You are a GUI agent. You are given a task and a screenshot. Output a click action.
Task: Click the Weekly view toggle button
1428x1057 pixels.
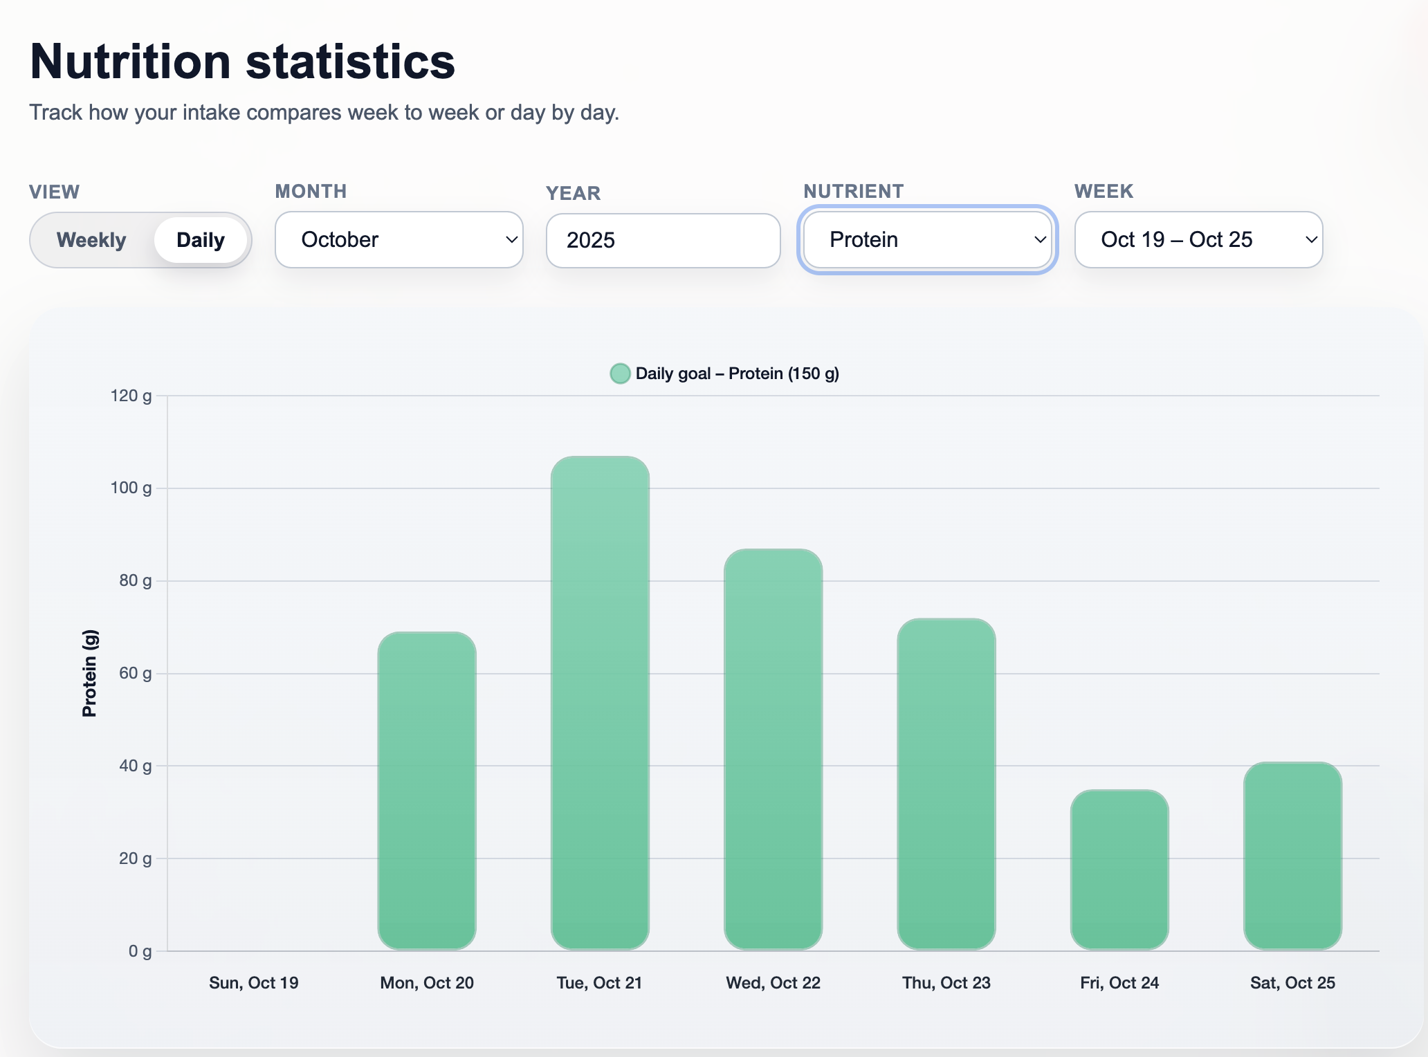click(91, 240)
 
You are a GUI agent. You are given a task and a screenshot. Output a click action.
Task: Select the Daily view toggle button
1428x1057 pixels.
click(201, 240)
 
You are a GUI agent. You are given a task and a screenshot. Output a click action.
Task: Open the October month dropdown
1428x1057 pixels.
click(399, 240)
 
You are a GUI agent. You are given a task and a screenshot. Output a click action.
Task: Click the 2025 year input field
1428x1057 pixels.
click(663, 241)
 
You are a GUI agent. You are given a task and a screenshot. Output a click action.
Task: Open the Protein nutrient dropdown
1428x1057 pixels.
click(927, 240)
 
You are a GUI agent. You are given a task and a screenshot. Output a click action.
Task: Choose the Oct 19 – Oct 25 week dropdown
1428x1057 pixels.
click(1198, 240)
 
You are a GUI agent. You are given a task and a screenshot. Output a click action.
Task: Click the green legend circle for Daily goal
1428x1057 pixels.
click(620, 374)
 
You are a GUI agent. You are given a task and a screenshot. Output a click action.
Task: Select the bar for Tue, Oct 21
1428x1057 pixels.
click(600, 702)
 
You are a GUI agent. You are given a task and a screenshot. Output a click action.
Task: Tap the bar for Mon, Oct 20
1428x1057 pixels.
click(427, 790)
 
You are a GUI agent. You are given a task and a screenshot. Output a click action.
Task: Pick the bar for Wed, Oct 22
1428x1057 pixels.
click(773, 748)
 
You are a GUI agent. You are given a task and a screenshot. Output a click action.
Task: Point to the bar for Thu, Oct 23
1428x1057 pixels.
click(946, 783)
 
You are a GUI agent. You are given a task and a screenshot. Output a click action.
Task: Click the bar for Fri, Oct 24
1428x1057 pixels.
click(1119, 869)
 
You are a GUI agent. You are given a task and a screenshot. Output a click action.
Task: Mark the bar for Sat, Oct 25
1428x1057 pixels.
click(1292, 855)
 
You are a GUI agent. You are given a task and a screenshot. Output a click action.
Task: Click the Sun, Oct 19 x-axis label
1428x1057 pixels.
click(253, 983)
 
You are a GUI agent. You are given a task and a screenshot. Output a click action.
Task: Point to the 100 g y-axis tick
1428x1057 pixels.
click(131, 488)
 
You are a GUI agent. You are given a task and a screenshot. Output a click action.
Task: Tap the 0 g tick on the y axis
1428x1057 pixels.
click(140, 951)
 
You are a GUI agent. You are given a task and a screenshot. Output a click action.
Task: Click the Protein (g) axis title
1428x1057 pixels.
click(89, 673)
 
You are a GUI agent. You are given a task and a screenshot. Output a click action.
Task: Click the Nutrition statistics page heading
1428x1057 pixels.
click(242, 62)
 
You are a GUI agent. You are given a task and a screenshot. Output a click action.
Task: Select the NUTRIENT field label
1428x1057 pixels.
click(853, 192)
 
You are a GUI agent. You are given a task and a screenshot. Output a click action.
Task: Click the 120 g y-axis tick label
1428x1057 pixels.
click(131, 396)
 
